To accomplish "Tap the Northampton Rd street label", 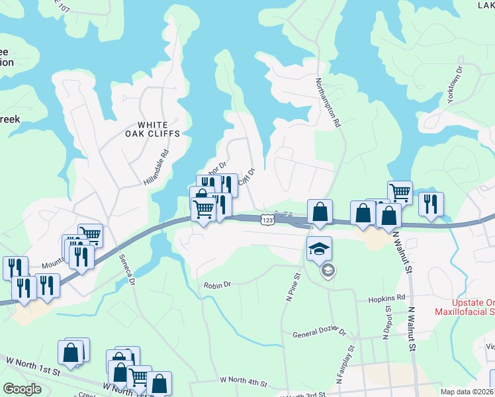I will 327,102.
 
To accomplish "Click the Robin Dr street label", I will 217,285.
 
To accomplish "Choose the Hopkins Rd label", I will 390,298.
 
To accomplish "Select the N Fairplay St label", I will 345,364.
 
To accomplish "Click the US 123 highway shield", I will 267,219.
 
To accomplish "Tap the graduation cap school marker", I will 320,248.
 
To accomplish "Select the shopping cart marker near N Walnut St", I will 400,193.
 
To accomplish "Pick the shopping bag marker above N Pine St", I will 320,212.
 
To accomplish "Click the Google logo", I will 22,388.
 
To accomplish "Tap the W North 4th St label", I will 244,382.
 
